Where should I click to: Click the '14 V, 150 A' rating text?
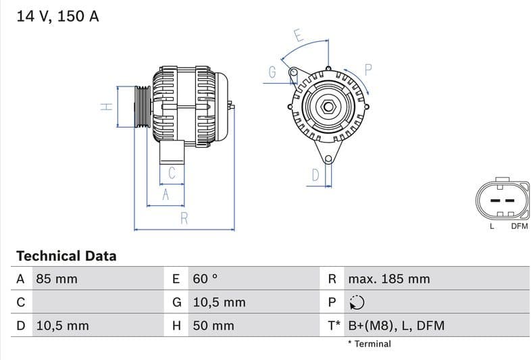(57, 16)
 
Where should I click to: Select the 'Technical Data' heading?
(66, 256)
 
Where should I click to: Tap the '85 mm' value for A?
(56, 279)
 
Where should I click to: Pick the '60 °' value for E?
(205, 279)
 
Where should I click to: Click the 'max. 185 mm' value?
(388, 279)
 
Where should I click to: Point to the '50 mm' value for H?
(213, 326)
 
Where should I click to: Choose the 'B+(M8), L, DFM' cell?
(396, 326)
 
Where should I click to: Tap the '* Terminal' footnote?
(369, 344)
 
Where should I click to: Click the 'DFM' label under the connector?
(519, 226)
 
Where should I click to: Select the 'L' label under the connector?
(492, 226)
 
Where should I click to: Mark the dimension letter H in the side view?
(105, 107)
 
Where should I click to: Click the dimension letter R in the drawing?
(184, 217)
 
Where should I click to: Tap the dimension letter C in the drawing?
(172, 173)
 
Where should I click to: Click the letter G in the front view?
(272, 72)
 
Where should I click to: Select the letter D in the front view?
(315, 176)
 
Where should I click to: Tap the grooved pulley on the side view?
(143, 107)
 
